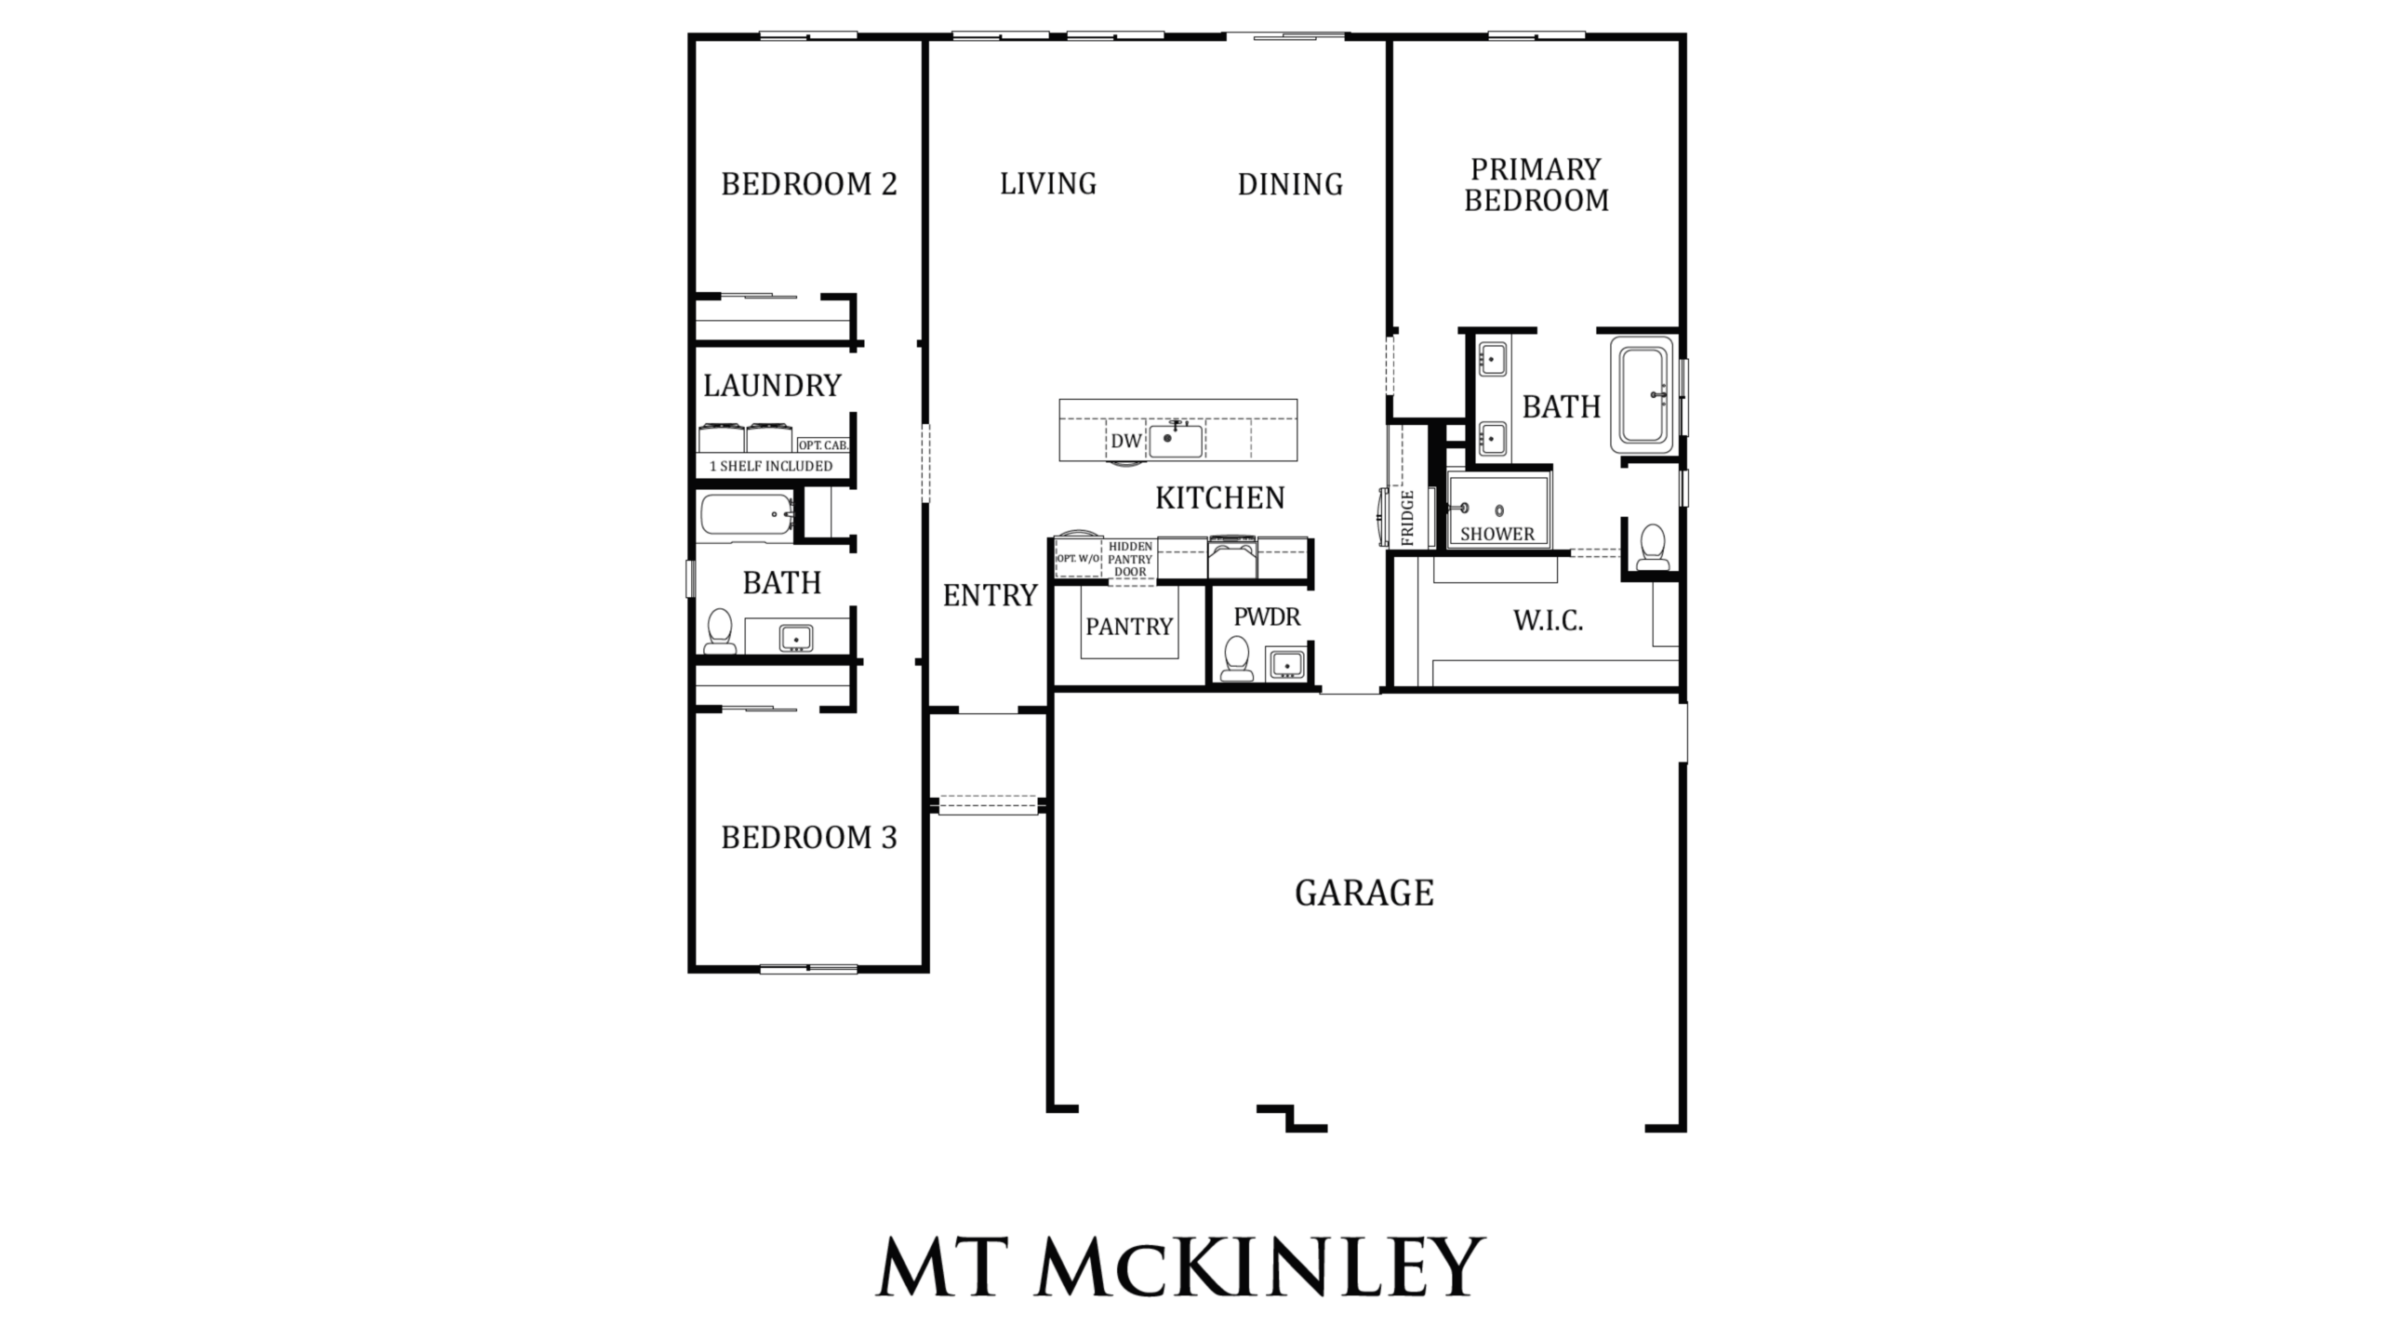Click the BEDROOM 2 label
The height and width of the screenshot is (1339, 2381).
coord(809,184)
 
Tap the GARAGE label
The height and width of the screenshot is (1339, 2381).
coord(1364,893)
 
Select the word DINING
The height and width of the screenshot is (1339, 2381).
coord(1290,184)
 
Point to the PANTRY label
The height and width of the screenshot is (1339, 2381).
coord(1129,627)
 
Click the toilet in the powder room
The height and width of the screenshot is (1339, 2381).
coord(1237,658)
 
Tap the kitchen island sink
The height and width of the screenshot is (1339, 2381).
coord(1176,440)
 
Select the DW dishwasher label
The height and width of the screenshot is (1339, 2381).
coord(1125,441)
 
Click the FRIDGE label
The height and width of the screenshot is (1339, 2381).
coord(1407,518)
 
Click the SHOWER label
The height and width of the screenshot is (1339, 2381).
coord(1497,534)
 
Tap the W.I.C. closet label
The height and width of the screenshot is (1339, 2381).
coord(1549,620)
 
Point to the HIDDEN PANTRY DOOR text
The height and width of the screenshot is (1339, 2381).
coord(1130,559)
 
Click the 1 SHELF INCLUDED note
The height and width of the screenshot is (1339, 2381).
coord(771,466)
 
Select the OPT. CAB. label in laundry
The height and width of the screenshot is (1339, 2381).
coord(823,445)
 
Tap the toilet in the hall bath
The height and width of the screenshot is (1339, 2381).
coord(719,631)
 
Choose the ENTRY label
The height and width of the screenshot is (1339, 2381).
coord(990,595)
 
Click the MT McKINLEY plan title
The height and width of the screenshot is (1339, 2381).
coord(1180,1266)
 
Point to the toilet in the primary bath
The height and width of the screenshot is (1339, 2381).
coord(1653,547)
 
